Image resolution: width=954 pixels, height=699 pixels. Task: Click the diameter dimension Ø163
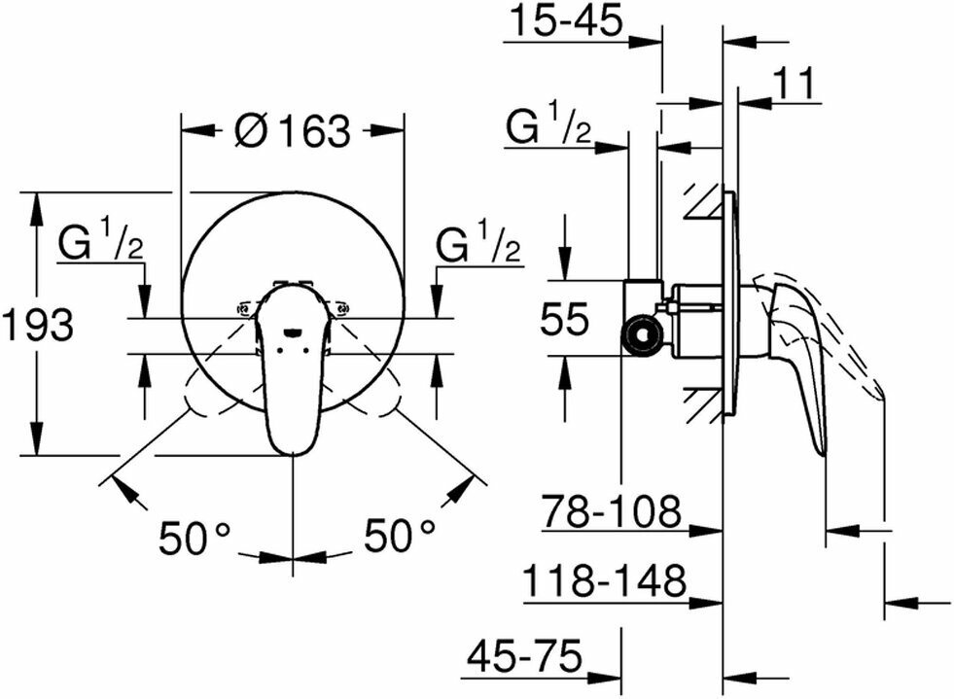coord(292,129)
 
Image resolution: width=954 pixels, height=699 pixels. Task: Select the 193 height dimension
coord(37,324)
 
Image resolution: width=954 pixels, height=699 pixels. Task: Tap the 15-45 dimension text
coord(565,20)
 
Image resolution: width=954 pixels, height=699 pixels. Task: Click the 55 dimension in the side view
coord(564,319)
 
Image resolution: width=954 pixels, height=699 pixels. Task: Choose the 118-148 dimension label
coord(604,581)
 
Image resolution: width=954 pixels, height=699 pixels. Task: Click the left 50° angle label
coord(195,537)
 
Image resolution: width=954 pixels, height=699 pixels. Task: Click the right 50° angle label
coord(400,537)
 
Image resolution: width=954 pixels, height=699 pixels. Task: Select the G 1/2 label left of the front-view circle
coord(100,245)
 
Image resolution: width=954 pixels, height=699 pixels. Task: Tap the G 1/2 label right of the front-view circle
coord(477,245)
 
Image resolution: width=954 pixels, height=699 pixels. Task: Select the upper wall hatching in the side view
coord(701,200)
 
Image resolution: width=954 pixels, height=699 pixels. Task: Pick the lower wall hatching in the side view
coord(701,403)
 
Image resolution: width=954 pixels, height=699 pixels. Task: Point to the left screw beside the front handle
coord(243,310)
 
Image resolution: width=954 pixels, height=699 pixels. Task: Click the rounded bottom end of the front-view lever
coord(293,445)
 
